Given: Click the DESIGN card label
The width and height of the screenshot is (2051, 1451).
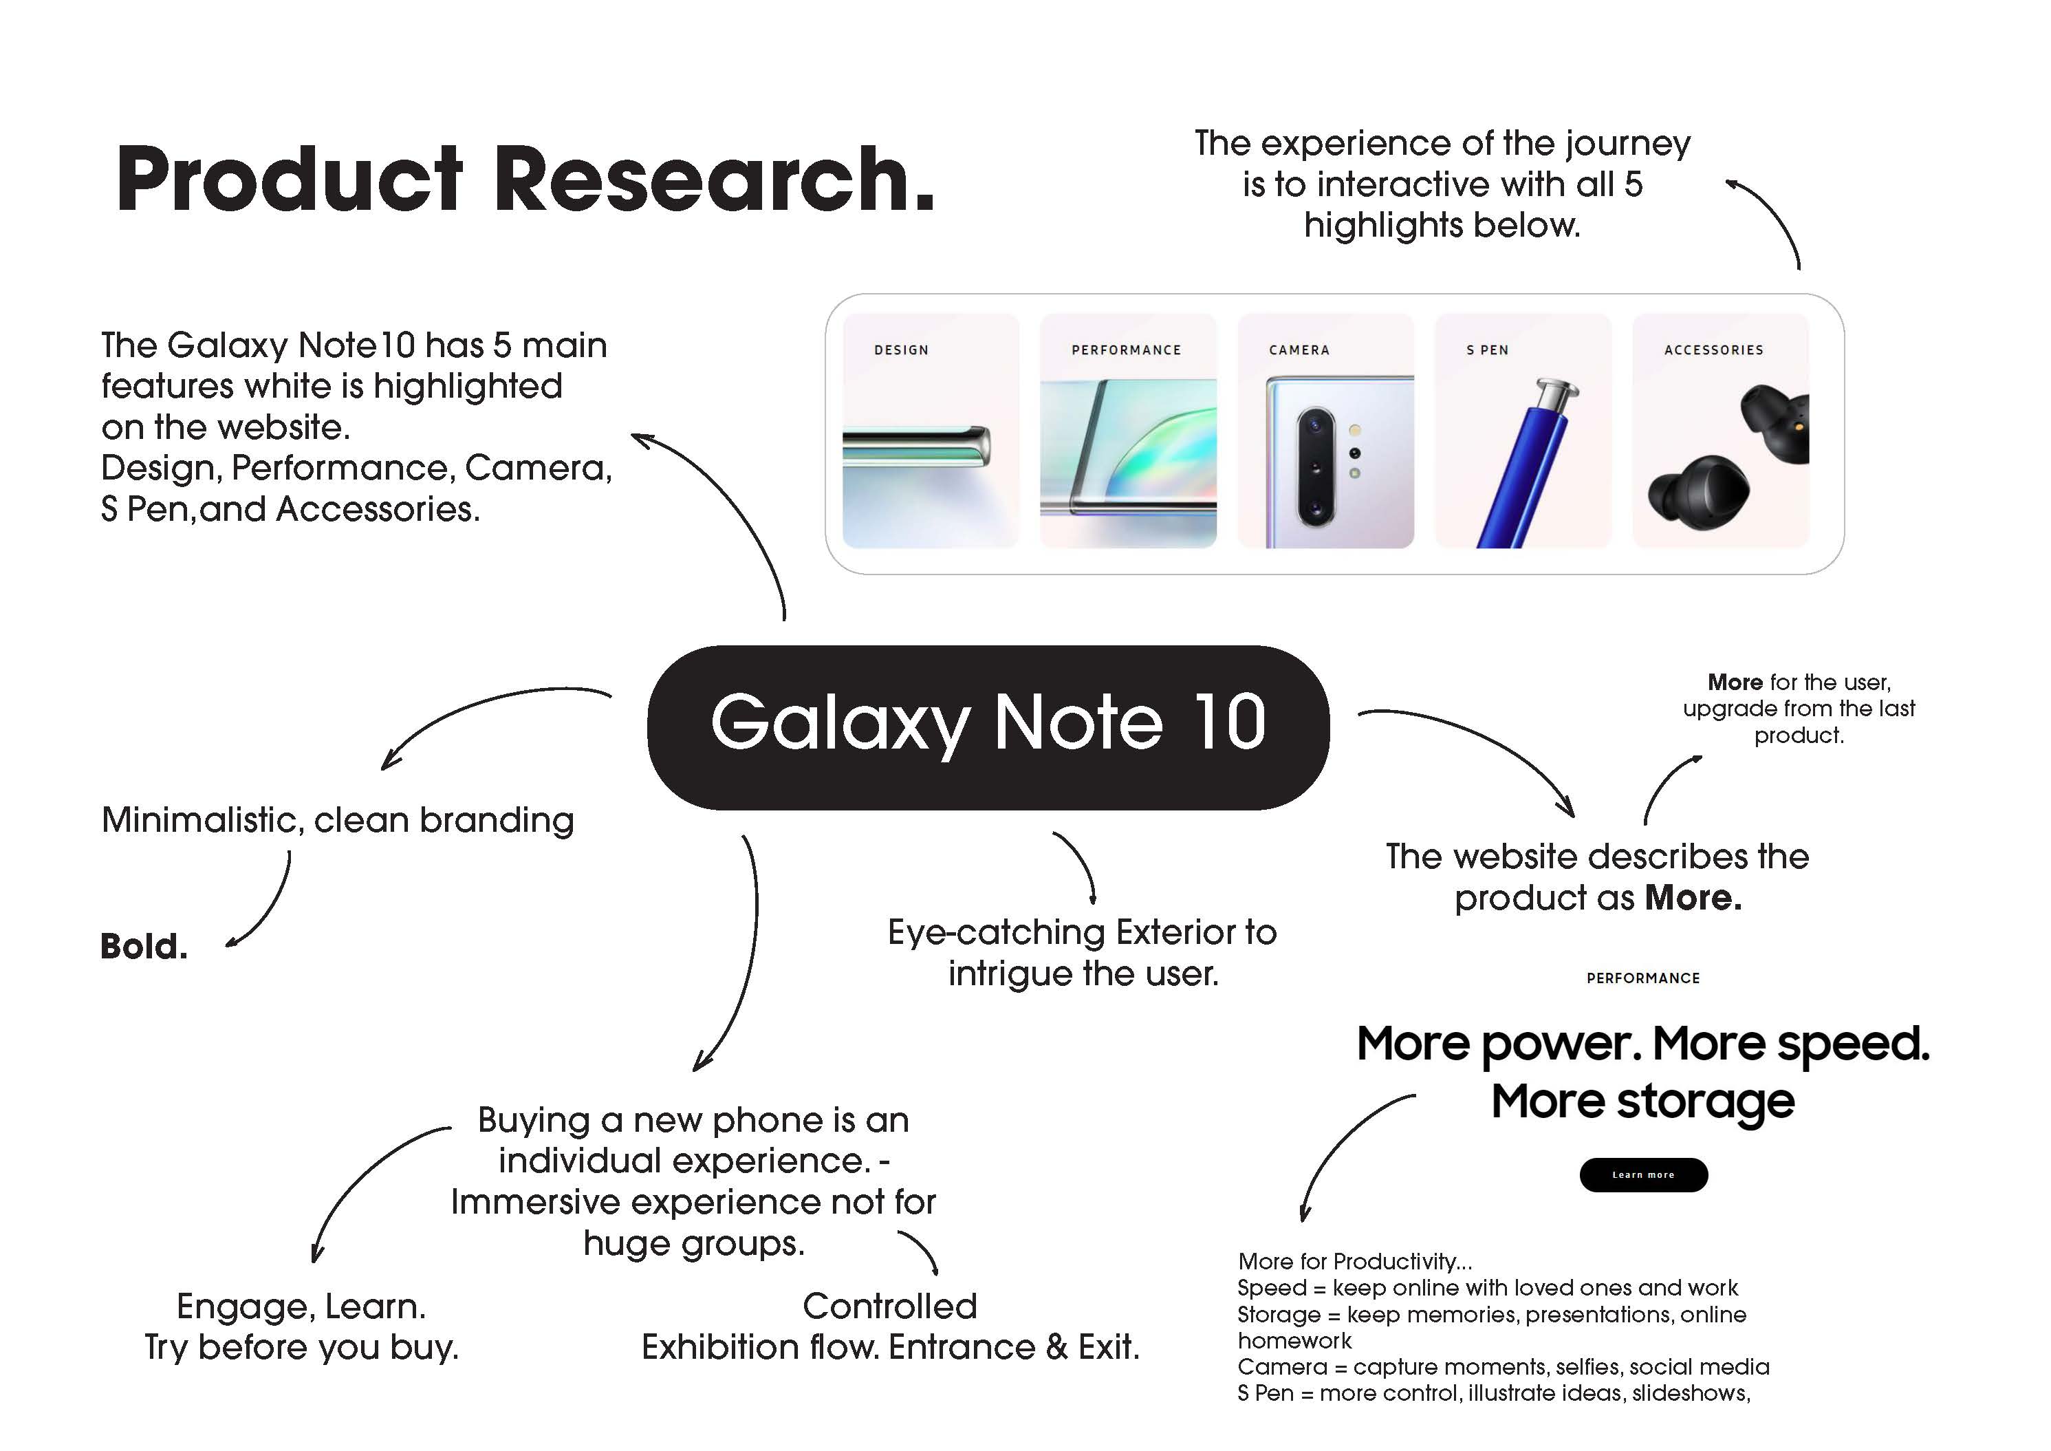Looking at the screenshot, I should [x=901, y=350].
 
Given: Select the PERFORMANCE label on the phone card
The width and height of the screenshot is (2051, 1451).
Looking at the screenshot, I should [x=1127, y=350].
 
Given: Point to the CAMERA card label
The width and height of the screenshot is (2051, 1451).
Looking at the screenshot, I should [x=1299, y=350].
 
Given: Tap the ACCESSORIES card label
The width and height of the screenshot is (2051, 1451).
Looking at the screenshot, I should [x=1713, y=350].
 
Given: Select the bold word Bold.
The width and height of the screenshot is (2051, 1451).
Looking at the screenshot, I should [x=144, y=946].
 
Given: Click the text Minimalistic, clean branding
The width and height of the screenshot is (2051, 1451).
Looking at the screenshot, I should [x=338, y=820].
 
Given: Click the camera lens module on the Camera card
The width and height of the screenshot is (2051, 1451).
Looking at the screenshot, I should [x=1316, y=466].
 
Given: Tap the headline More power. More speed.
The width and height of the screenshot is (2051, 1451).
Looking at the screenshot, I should [x=1642, y=1044].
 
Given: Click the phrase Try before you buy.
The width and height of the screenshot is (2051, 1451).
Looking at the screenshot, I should [x=302, y=1347].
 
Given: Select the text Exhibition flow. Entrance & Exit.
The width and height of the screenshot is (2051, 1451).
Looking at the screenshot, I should [x=891, y=1347].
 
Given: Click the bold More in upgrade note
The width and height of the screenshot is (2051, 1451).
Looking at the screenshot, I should [x=1734, y=682].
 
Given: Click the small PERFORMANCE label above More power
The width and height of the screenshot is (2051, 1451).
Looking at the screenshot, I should [x=1642, y=978].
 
